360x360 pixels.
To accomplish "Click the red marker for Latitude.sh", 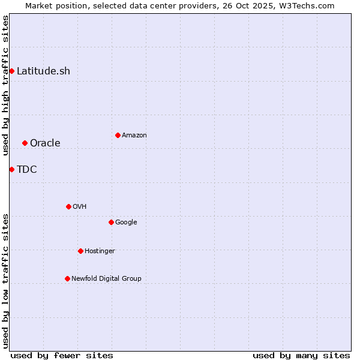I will (11, 71).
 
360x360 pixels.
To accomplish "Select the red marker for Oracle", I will (25, 143).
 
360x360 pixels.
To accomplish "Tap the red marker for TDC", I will (11, 169).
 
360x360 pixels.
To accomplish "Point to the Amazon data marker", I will (118, 135).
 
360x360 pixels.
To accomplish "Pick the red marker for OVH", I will (68, 206).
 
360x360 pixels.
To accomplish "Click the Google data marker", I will (111, 222).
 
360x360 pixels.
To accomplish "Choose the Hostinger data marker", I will (80, 251).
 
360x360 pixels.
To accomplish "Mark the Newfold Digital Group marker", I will (67, 278).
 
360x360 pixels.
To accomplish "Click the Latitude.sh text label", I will (43, 71).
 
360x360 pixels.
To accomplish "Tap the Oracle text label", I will (45, 143).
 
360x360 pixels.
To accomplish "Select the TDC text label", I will (27, 169).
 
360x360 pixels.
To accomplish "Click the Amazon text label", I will (134, 135).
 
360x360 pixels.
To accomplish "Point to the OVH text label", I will (80, 206).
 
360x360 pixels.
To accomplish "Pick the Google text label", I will (126, 222).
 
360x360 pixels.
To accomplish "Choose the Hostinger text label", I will (100, 251).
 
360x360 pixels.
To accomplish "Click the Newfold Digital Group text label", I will (106, 278).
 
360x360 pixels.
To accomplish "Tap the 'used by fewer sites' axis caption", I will (62, 355).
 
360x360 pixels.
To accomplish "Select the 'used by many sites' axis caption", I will (301, 355).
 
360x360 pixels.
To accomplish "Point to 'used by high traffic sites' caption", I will (5, 85).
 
